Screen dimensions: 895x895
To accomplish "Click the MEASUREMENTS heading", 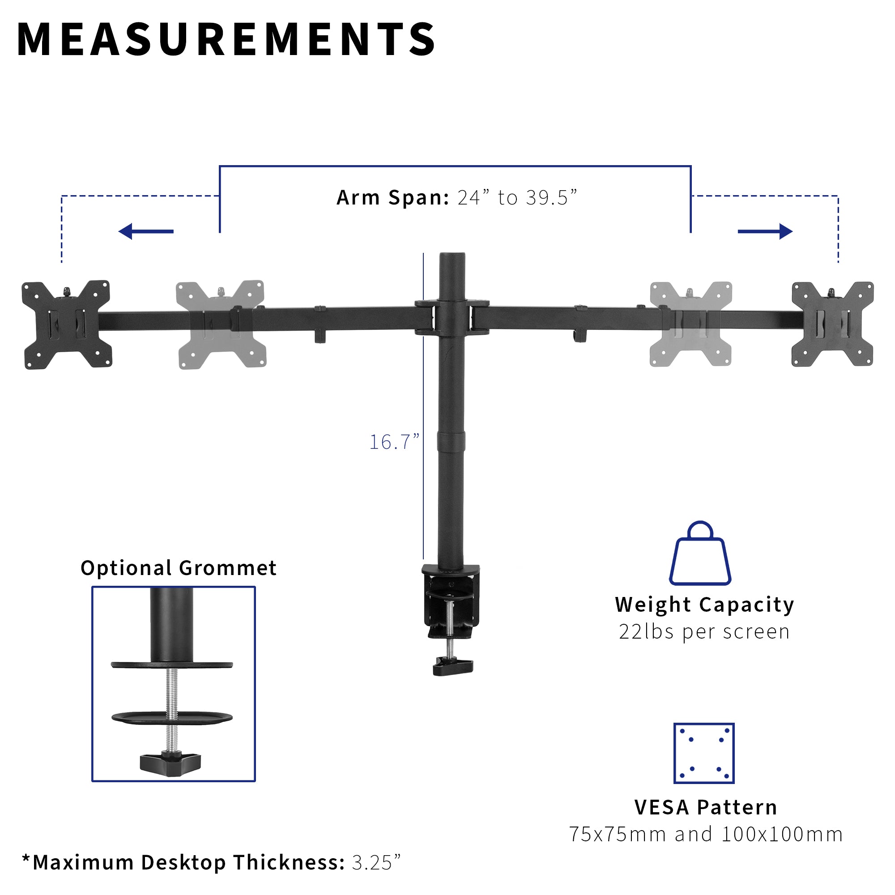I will (x=226, y=40).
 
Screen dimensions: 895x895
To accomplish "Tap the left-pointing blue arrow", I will (x=146, y=231).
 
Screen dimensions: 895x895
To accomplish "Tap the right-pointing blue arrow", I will (x=765, y=231).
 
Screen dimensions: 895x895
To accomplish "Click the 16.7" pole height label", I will (x=394, y=442).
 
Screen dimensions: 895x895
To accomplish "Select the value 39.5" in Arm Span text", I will (x=551, y=198).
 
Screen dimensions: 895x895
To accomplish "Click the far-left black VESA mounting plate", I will (x=66, y=324).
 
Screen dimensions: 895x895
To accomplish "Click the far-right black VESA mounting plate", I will (x=832, y=324).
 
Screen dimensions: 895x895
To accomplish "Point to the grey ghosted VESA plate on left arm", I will (x=221, y=324).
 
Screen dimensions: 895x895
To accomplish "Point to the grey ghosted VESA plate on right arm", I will (x=690, y=324).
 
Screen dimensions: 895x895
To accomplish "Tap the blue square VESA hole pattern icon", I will (x=703, y=753).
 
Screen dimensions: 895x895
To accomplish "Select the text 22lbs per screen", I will (x=704, y=632).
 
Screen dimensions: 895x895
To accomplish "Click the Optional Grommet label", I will (x=179, y=568).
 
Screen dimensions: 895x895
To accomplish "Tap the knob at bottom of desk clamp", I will (x=452, y=667).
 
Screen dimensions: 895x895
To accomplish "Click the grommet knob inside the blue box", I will (x=170, y=762).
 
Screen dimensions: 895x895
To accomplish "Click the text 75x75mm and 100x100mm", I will (x=706, y=834).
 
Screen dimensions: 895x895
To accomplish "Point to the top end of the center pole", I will (x=452, y=256).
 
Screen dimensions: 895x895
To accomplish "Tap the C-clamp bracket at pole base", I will (x=450, y=597).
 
